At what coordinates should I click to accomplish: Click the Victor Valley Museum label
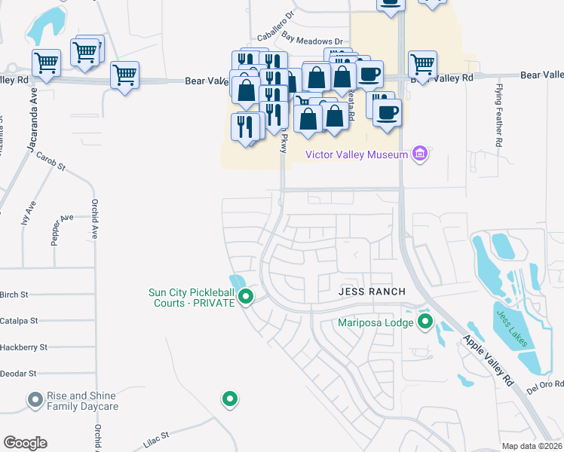coord(357,155)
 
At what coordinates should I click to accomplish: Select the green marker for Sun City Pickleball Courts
coord(245,299)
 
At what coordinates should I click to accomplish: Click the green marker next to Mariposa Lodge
coord(425,323)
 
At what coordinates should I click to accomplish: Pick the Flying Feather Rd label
coord(499,115)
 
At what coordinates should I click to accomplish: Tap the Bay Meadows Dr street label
coord(312,38)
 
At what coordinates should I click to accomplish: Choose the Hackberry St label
coord(23,347)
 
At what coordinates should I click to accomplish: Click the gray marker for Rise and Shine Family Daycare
coord(35,400)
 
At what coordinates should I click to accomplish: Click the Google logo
coord(26,443)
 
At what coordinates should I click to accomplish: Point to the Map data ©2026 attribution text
coord(532,447)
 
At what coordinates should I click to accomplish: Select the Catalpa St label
coord(19,321)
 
